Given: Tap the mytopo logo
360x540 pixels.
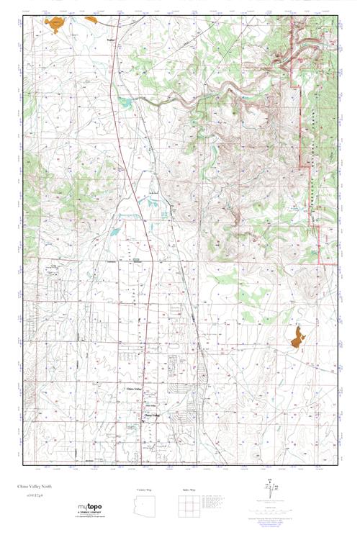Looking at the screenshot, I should (x=90, y=507).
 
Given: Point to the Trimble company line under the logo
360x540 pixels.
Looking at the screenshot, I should (x=90, y=512).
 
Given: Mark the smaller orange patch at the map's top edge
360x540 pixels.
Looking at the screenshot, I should (x=92, y=21).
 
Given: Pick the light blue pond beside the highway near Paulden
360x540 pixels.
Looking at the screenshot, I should (x=127, y=103).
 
